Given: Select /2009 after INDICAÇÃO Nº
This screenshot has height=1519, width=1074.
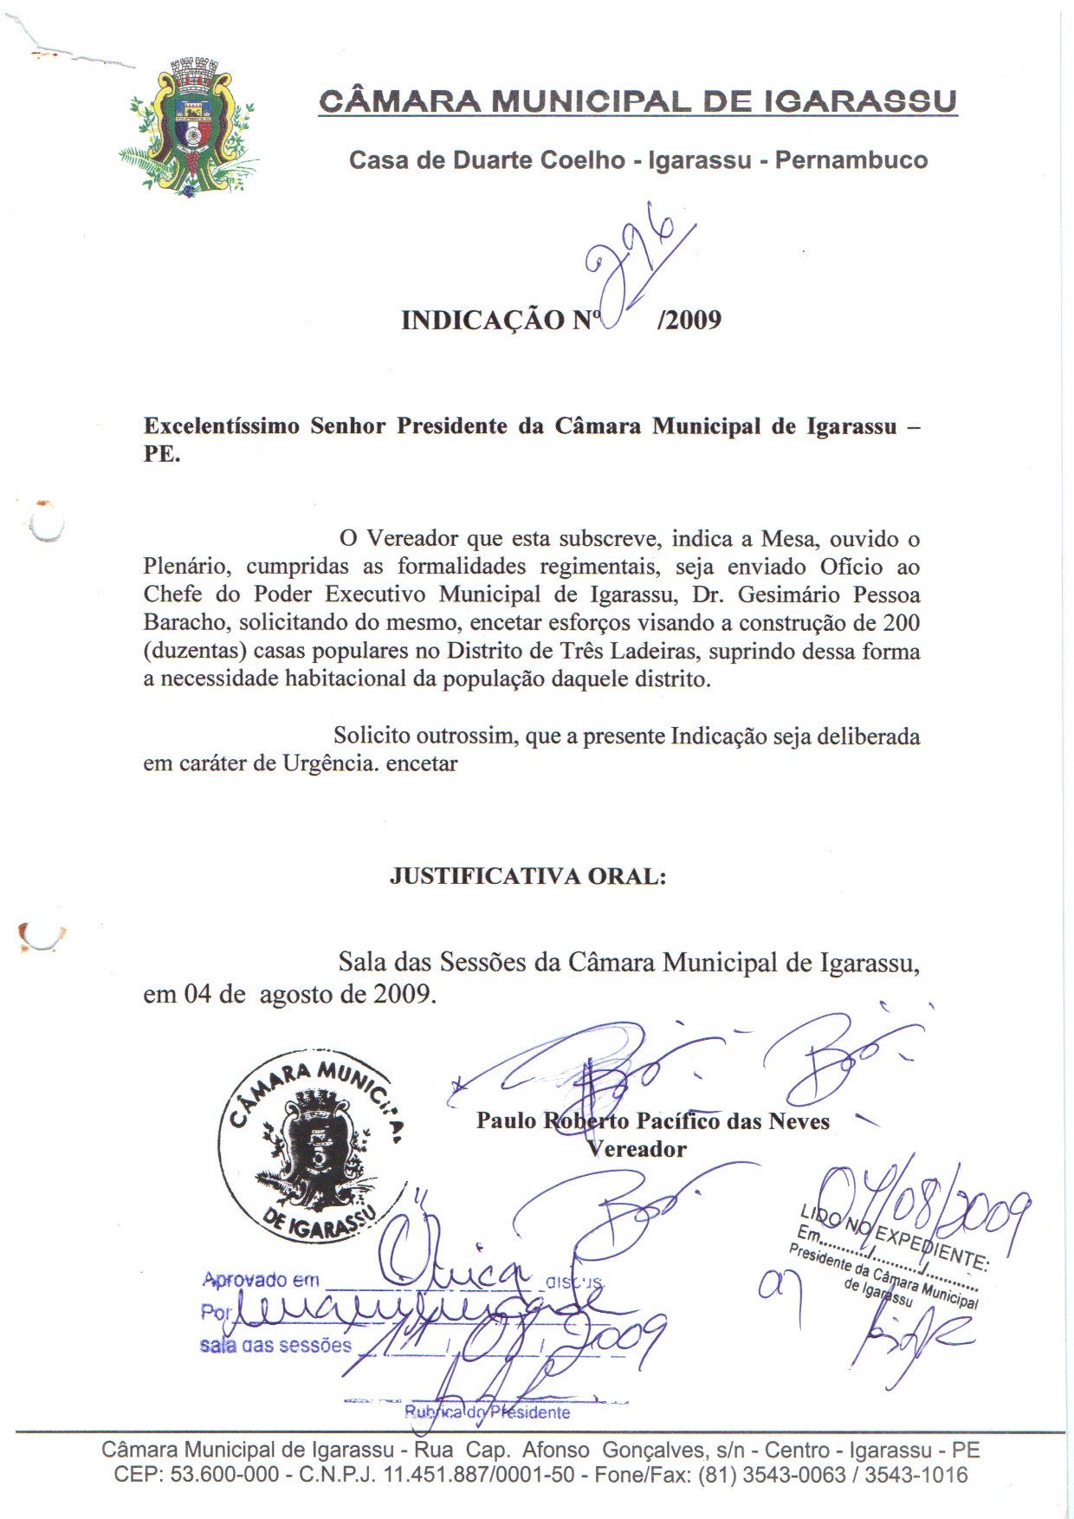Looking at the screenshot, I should click(x=689, y=321).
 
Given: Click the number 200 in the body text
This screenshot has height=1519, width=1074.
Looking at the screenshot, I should click(x=901, y=623).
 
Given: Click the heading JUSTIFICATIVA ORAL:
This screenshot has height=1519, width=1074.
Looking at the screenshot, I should click(x=528, y=876).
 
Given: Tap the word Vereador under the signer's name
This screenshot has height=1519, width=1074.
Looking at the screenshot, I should click(x=637, y=1149).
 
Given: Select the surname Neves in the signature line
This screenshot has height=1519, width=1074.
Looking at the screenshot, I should click(x=799, y=1121).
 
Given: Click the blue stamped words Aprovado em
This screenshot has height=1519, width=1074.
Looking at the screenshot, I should click(x=261, y=1280).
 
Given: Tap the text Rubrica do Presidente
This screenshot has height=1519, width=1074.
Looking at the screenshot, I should click(x=488, y=1412).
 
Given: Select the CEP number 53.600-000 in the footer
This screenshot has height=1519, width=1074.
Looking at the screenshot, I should click(x=224, y=1475).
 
